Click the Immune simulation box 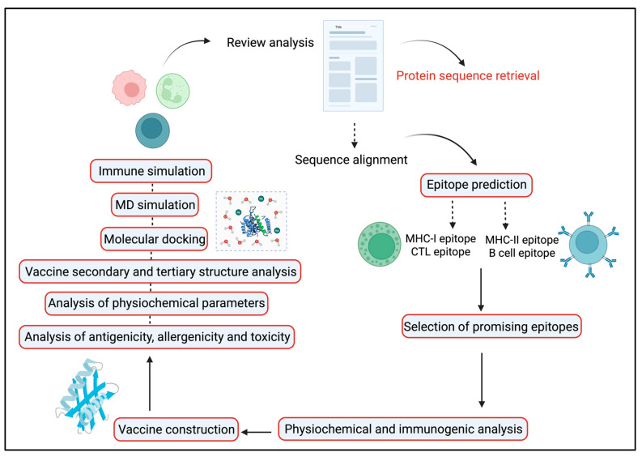point(151,171)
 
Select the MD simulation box point(155,204)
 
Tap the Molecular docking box point(155,239)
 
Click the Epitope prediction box point(477,185)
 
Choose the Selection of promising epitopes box point(491,327)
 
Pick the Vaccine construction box point(176,429)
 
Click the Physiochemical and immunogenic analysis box point(403,429)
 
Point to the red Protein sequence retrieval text point(468,76)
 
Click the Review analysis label point(270,43)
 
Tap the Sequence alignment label point(351,160)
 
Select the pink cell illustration point(130,88)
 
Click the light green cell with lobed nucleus point(172,91)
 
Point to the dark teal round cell point(152,130)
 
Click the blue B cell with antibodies point(589,245)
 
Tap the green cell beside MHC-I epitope point(379,244)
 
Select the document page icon point(353,66)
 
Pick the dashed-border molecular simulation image point(251,220)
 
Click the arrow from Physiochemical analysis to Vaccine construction point(257,432)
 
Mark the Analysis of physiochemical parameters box point(156,303)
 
